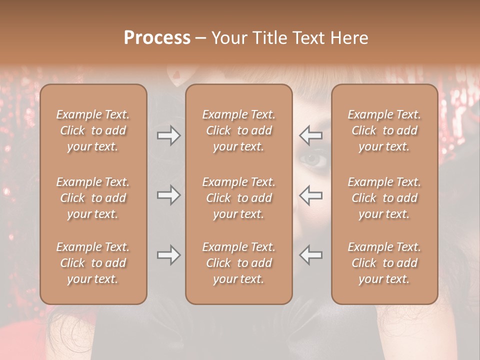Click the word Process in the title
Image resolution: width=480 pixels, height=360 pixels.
point(157,38)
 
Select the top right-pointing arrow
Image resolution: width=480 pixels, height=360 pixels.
point(169,135)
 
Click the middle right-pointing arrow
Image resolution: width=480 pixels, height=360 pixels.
point(169,195)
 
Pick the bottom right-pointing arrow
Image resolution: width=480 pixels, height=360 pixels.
point(169,255)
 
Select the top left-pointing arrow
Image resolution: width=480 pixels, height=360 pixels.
point(311,135)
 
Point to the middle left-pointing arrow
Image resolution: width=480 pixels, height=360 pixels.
point(311,195)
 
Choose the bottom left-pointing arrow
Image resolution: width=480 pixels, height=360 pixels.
point(311,255)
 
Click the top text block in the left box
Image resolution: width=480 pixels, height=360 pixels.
point(93,130)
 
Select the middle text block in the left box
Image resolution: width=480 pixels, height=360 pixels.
point(93,198)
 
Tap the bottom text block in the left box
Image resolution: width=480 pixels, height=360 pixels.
point(93,263)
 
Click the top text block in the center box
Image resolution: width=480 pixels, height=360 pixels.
point(238,130)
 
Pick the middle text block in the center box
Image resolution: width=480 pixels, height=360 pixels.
point(238,198)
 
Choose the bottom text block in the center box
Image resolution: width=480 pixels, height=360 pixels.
point(238,263)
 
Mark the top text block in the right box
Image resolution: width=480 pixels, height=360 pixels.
point(384,130)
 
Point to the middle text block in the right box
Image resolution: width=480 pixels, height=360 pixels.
point(384,198)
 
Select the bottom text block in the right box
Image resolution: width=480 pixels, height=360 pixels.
point(384,263)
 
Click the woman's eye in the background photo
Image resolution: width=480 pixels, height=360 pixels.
point(313,160)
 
